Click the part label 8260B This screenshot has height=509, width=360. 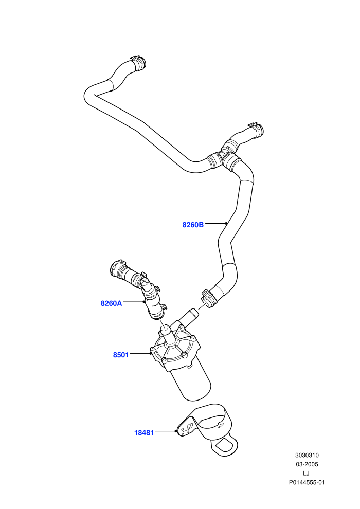(193, 225)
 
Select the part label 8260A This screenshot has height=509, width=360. (112, 303)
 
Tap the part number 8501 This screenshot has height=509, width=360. (121, 355)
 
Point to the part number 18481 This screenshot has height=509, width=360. (144, 433)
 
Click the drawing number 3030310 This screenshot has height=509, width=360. (307, 455)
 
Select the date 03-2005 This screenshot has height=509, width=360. (307, 464)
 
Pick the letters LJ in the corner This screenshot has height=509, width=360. (306, 474)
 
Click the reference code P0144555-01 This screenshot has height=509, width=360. (307, 482)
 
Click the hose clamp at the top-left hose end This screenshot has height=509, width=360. (138, 62)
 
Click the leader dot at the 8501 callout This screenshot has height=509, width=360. (151, 353)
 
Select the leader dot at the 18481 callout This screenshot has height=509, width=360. (175, 431)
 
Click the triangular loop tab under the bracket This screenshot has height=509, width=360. (224, 446)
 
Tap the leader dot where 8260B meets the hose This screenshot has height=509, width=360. (226, 223)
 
